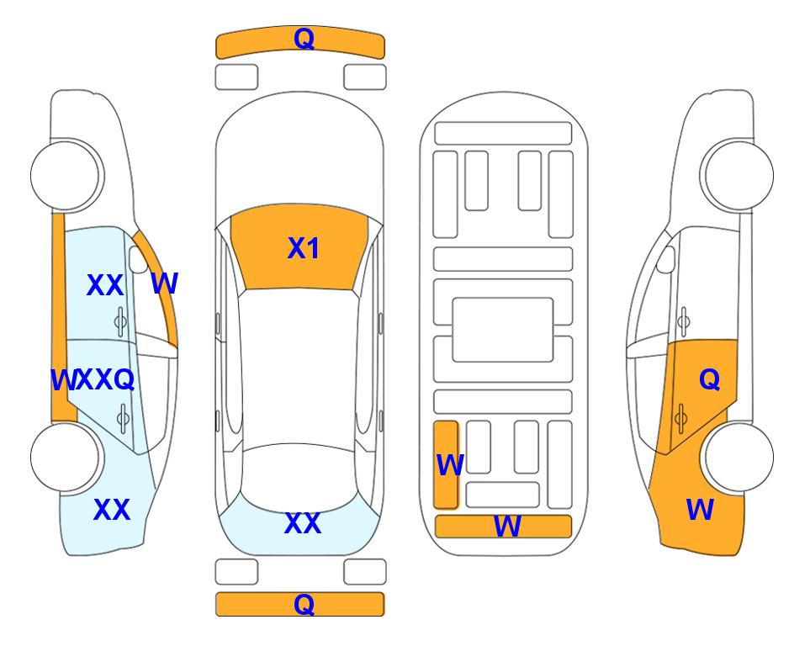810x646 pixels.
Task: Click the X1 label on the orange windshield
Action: coord(304,248)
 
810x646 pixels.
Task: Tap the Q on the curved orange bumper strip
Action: coord(304,39)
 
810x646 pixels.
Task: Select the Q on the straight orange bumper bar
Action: coord(304,604)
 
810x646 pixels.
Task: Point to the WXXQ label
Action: coord(93,380)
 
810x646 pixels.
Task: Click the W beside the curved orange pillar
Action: coord(165,283)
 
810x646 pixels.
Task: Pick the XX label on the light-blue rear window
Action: coord(303,523)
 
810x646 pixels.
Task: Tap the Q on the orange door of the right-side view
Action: coord(710,380)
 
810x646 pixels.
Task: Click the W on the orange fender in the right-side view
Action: coord(701,510)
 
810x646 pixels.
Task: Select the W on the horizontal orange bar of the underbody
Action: coord(507,527)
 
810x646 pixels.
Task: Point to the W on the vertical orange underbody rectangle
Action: coord(450,465)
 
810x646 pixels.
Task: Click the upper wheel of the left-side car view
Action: coord(66,176)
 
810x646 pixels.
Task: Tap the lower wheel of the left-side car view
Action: coord(66,458)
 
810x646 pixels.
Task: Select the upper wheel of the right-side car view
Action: coord(738,175)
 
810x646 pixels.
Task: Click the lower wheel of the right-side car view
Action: coord(738,457)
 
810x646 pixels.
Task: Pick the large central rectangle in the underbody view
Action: coord(503,330)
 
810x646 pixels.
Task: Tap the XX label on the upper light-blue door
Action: coord(105,285)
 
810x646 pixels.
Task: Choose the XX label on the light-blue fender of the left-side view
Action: coord(112,510)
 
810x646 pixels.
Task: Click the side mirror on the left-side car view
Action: coord(138,259)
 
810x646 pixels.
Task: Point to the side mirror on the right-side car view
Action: coord(666,259)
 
